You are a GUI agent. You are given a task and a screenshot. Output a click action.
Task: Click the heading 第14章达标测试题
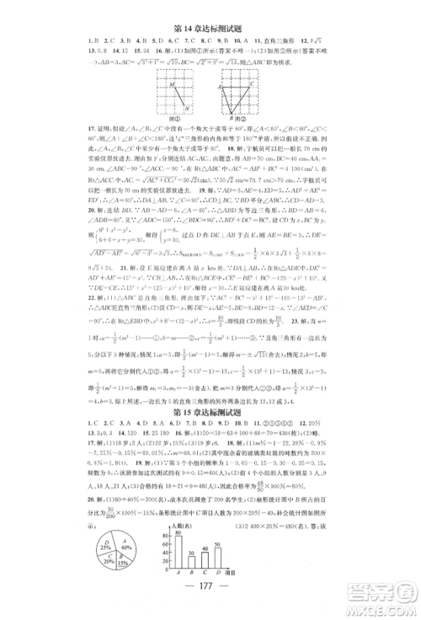click(210, 10)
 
